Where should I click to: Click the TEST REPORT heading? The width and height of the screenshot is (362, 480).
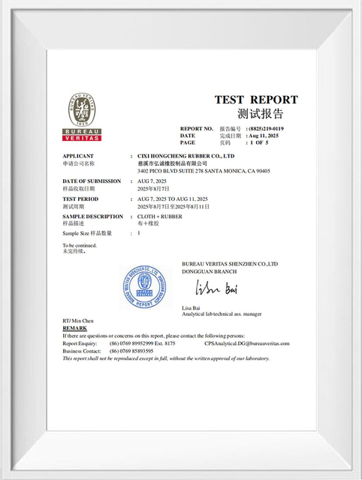pyautogui.click(x=256, y=100)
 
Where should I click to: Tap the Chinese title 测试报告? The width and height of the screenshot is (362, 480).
pyautogui.click(x=260, y=114)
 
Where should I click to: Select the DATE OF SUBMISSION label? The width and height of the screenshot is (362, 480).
pyautogui.click(x=92, y=181)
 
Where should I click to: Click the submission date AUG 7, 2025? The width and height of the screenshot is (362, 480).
pyautogui.click(x=152, y=181)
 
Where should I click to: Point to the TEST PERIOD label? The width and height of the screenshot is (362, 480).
pyautogui.click(x=82, y=199)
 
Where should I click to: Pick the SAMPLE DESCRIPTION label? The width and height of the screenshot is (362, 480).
pyautogui.click(x=92, y=217)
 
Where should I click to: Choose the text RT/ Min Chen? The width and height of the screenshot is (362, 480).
pyautogui.click(x=78, y=321)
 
